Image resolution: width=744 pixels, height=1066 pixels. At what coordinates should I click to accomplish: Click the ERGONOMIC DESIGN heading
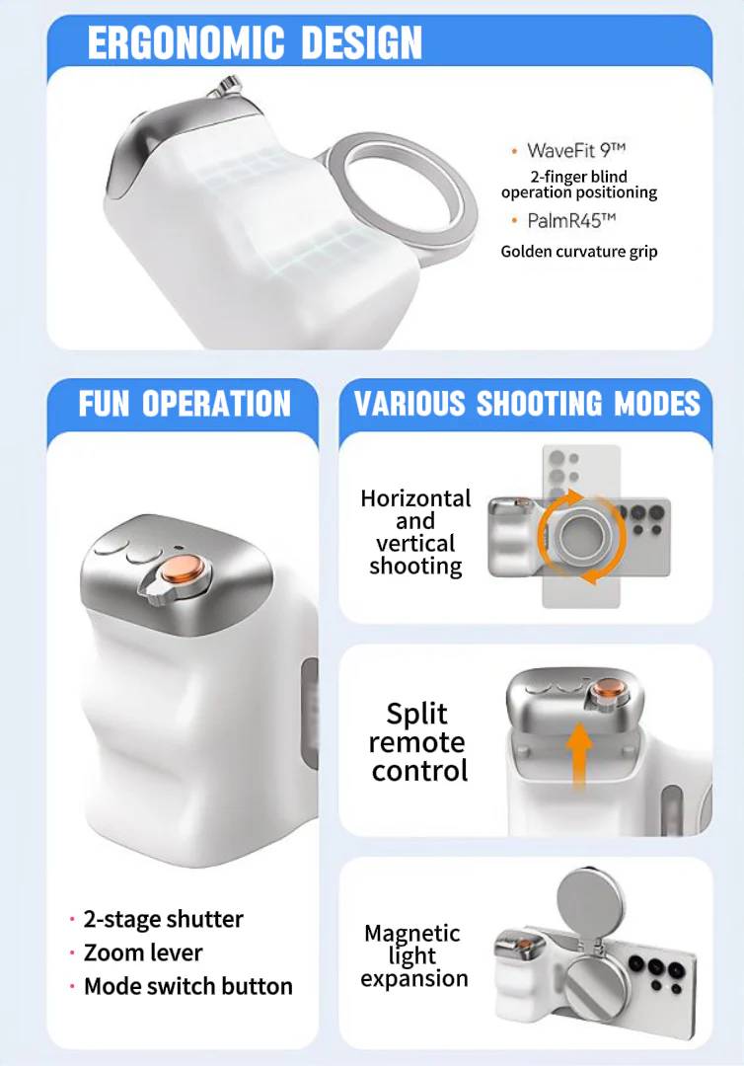pyautogui.click(x=255, y=42)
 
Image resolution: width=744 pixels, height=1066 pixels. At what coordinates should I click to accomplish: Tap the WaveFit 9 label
pyautogui.click(x=576, y=150)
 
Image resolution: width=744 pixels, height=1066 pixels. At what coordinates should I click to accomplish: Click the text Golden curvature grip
pyautogui.click(x=578, y=252)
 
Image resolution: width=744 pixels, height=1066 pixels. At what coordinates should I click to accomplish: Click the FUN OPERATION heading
pyautogui.click(x=185, y=404)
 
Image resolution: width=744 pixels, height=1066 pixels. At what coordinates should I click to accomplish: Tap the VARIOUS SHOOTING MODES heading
pyautogui.click(x=527, y=404)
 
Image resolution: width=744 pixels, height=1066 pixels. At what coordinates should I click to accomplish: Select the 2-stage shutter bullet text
pyautogui.click(x=163, y=919)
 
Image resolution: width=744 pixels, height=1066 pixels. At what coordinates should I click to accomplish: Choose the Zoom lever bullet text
pyautogui.click(x=143, y=952)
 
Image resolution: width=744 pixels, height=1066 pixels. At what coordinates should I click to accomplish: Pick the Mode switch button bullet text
pyautogui.click(x=187, y=986)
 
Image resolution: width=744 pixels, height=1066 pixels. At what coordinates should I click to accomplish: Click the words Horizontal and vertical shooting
pyautogui.click(x=415, y=532)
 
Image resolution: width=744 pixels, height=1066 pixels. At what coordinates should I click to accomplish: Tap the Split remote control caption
pyautogui.click(x=417, y=742)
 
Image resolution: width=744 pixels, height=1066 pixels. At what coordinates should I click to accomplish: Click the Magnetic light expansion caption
pyautogui.click(x=413, y=955)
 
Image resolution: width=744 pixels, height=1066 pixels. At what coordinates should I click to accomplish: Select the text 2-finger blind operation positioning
pyautogui.click(x=578, y=185)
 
